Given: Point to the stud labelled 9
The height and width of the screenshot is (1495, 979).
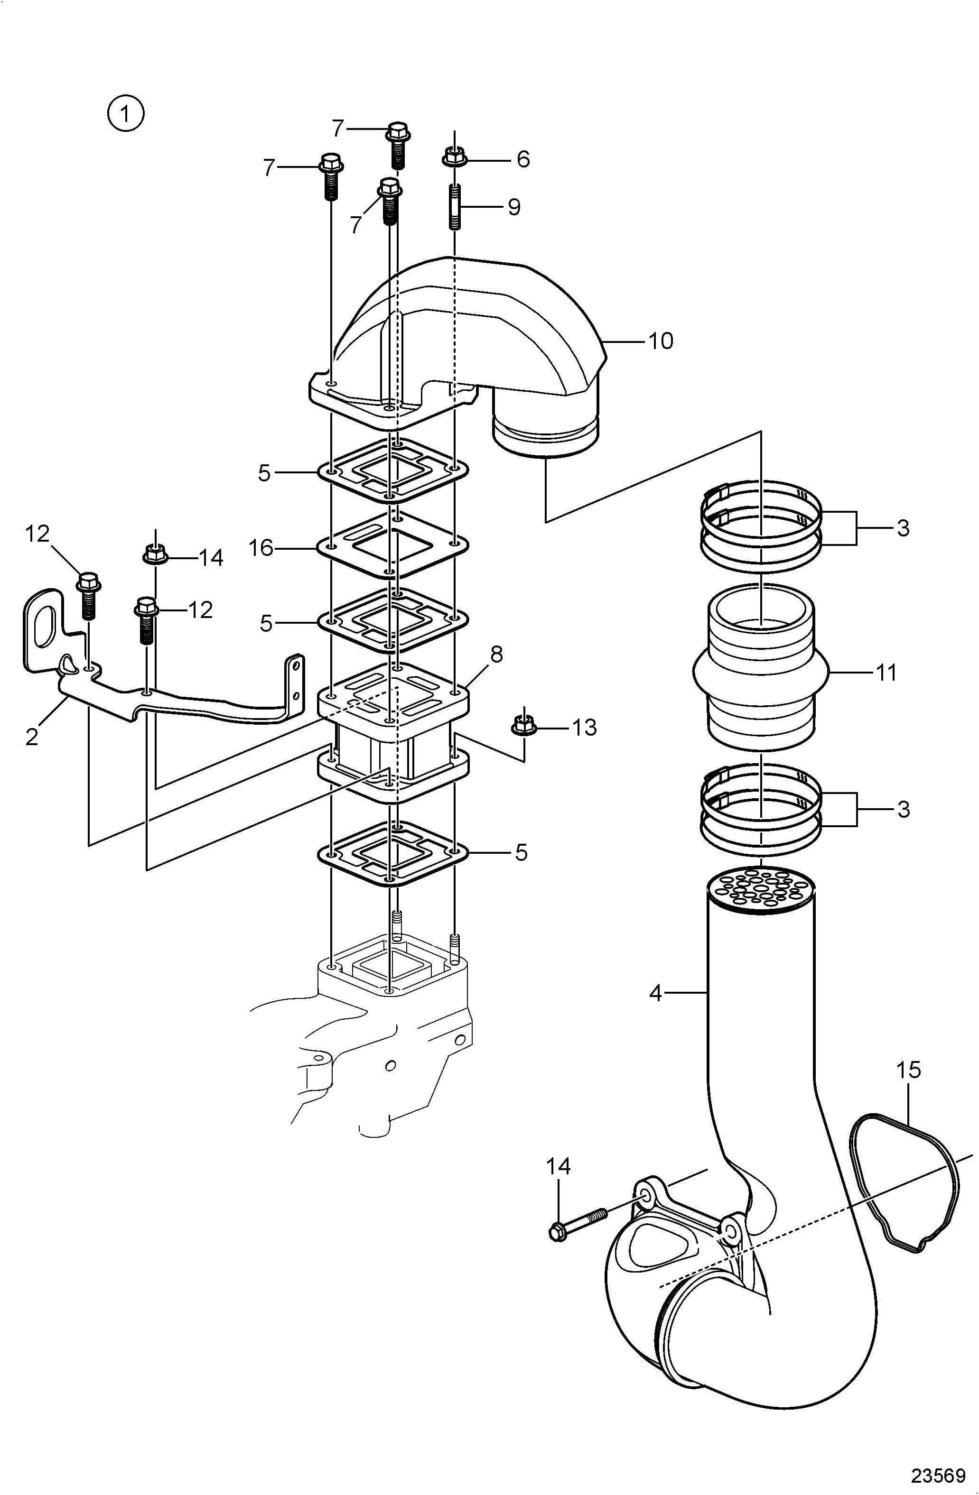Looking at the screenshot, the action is pos(454,207).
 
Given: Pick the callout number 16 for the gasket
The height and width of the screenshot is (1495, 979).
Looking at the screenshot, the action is pos(261,548).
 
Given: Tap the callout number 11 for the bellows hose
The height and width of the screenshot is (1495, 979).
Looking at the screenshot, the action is pos(886,673).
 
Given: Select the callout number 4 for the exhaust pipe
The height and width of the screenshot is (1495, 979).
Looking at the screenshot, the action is pos(656,993).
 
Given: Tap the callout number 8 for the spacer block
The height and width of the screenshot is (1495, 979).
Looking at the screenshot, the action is pos(496,655).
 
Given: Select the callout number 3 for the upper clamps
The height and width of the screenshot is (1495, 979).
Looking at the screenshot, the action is pos(903,528).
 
